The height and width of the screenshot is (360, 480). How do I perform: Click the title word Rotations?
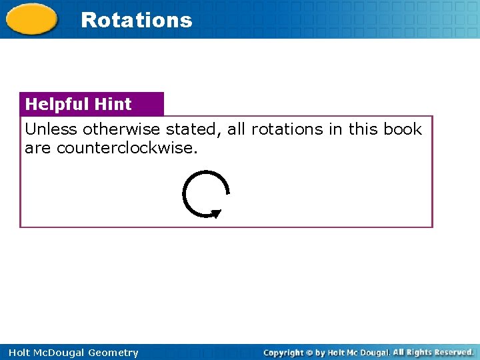point(136,20)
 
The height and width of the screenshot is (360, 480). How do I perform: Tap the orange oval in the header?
point(32,19)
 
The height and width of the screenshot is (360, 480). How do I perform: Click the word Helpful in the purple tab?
point(57,104)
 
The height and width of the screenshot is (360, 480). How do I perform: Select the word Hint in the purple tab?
point(113,104)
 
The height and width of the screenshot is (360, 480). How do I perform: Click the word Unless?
point(51,129)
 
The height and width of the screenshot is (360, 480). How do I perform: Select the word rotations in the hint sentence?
point(287,129)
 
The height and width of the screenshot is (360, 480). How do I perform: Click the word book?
point(403,129)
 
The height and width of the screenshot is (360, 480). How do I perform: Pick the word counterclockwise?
point(127,148)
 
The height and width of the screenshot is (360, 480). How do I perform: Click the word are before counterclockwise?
point(39,148)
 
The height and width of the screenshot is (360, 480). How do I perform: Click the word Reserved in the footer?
point(453,352)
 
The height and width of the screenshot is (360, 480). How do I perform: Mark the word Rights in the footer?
point(418,352)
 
